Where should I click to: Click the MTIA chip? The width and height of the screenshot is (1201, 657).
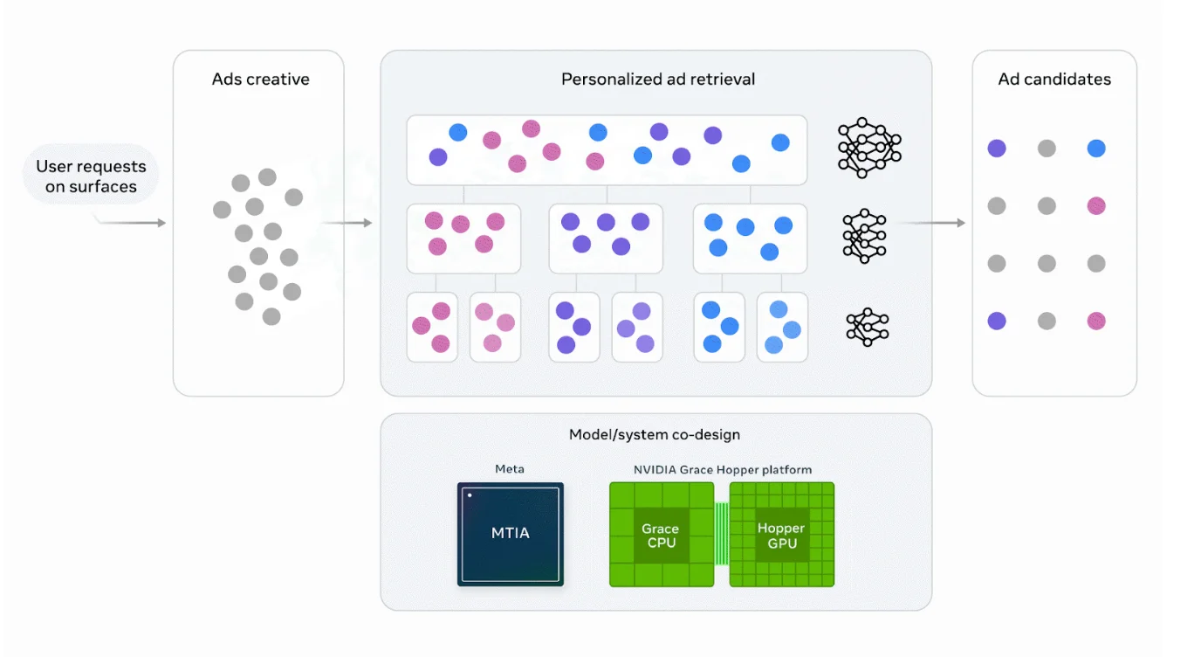[x=510, y=534]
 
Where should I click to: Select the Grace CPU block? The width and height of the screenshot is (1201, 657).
[x=662, y=534]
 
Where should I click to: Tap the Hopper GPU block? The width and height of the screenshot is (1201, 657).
[x=782, y=534]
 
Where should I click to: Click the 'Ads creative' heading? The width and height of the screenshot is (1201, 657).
[x=261, y=80]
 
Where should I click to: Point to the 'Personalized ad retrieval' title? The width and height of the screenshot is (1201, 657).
[x=658, y=80]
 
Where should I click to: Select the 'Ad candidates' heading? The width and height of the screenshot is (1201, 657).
[x=1054, y=80]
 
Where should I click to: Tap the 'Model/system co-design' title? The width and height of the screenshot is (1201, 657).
[x=654, y=434]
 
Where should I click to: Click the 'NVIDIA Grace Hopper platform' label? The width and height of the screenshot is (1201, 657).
[x=722, y=470]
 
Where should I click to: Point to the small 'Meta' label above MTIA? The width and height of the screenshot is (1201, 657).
[x=510, y=468]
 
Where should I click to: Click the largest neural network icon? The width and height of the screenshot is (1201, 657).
[x=869, y=148]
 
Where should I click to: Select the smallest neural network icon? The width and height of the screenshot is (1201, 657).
[x=868, y=327]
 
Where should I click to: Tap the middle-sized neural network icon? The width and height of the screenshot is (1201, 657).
[x=864, y=236]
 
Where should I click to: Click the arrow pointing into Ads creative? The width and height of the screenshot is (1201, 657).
[x=132, y=222]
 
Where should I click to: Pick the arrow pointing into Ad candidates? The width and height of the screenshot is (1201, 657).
[x=932, y=222]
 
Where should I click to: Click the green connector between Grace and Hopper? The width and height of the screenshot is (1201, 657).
[x=722, y=534]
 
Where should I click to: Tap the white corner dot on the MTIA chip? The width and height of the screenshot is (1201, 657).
[x=470, y=494]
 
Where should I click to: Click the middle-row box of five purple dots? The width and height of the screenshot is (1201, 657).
[x=606, y=239]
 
